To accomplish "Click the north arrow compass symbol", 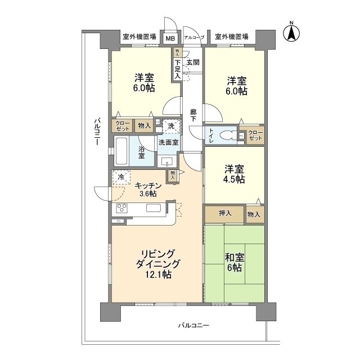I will coord(292,32).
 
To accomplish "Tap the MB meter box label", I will coord(169,38).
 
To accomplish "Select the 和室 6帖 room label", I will coord(235,262).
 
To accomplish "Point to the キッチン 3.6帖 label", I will coord(148,190).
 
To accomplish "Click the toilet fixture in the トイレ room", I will coord(227,135).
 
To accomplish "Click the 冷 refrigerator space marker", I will coord(120,177).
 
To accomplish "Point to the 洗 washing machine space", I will coord(173,126).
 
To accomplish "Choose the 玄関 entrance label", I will coord(193,62).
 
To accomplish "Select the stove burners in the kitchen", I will coord(122,209).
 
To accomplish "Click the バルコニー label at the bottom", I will coord(194,325).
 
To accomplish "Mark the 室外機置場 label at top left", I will coord(140,37).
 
